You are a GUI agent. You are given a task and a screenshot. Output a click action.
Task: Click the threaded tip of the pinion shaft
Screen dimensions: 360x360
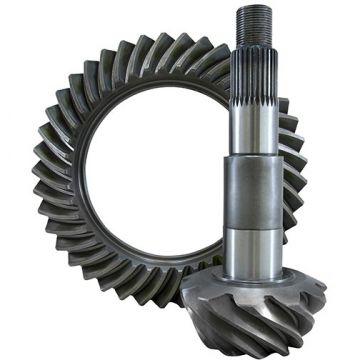click(x=250, y=24)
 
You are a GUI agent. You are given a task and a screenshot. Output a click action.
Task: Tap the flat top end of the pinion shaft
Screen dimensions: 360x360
click(x=250, y=7)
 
